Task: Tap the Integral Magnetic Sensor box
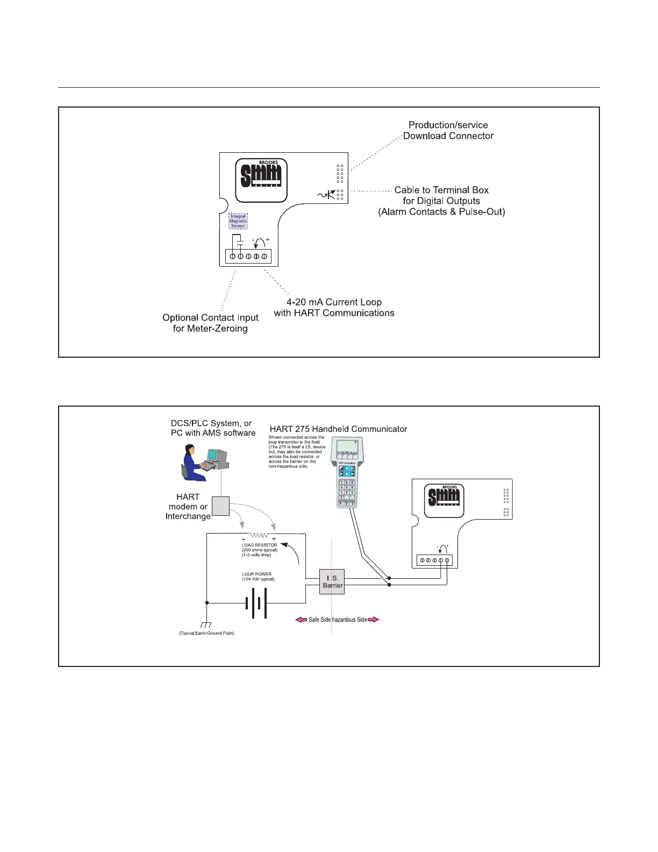click(x=238, y=221)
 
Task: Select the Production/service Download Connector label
click(x=448, y=131)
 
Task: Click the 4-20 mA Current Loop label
click(x=334, y=308)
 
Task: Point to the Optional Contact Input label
click(x=210, y=323)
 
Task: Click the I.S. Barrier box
click(x=332, y=581)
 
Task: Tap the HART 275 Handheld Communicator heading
click(x=338, y=429)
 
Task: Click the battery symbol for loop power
click(x=256, y=603)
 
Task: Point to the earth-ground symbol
click(x=206, y=625)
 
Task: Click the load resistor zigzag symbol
click(x=260, y=536)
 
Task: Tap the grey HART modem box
click(x=221, y=506)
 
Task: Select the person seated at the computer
click(x=192, y=463)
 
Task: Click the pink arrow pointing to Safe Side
click(x=301, y=620)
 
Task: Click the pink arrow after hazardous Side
click(x=373, y=620)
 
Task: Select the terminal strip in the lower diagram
click(x=434, y=560)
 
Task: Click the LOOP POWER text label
click(x=257, y=574)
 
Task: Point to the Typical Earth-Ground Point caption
click(x=206, y=634)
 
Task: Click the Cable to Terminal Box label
click(x=441, y=201)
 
